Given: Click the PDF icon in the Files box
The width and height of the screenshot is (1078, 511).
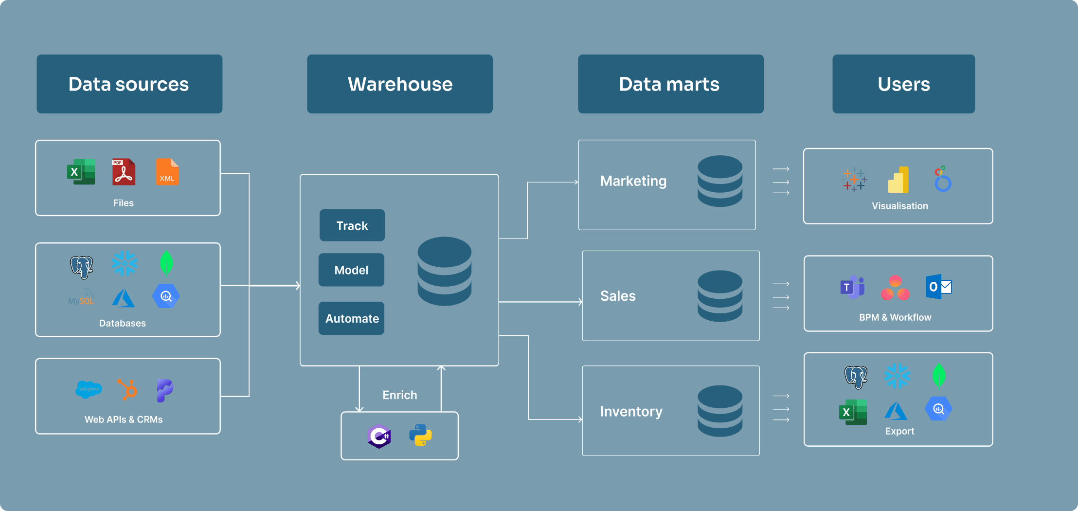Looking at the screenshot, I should click(x=124, y=172).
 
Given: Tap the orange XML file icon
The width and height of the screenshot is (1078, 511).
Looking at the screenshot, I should click(x=167, y=172).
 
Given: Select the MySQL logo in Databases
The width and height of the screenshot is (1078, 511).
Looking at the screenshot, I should click(x=81, y=297).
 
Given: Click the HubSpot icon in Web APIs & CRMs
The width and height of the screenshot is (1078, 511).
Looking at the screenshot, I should click(x=127, y=389).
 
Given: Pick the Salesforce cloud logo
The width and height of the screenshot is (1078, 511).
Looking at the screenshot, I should click(x=89, y=389).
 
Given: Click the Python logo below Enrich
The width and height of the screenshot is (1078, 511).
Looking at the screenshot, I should click(x=421, y=435).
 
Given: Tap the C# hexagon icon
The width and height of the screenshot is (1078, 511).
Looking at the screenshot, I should click(x=379, y=436).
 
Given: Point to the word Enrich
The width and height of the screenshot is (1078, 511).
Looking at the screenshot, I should click(x=399, y=395).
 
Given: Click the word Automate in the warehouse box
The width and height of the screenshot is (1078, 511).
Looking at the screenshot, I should click(x=352, y=319).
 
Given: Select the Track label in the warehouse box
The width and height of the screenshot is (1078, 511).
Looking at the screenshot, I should click(x=352, y=226).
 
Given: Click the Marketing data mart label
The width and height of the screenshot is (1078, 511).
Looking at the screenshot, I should click(x=633, y=181).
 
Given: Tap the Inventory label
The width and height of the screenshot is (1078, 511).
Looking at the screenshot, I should click(x=631, y=412).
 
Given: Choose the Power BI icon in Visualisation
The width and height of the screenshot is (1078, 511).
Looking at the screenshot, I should click(x=898, y=180).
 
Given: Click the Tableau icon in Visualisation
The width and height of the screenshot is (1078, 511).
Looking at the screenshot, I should click(x=854, y=180).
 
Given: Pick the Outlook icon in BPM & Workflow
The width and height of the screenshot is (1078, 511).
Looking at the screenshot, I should click(x=938, y=287).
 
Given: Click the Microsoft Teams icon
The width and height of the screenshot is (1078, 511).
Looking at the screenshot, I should click(x=852, y=287).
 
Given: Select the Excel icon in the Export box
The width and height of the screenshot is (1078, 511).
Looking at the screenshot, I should click(x=853, y=412).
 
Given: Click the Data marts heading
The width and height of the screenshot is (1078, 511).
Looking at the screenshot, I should click(x=668, y=84).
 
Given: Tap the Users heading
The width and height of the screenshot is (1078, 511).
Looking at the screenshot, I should click(x=903, y=84).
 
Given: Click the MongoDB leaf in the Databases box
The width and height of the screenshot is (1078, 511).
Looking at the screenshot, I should click(x=166, y=263).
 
